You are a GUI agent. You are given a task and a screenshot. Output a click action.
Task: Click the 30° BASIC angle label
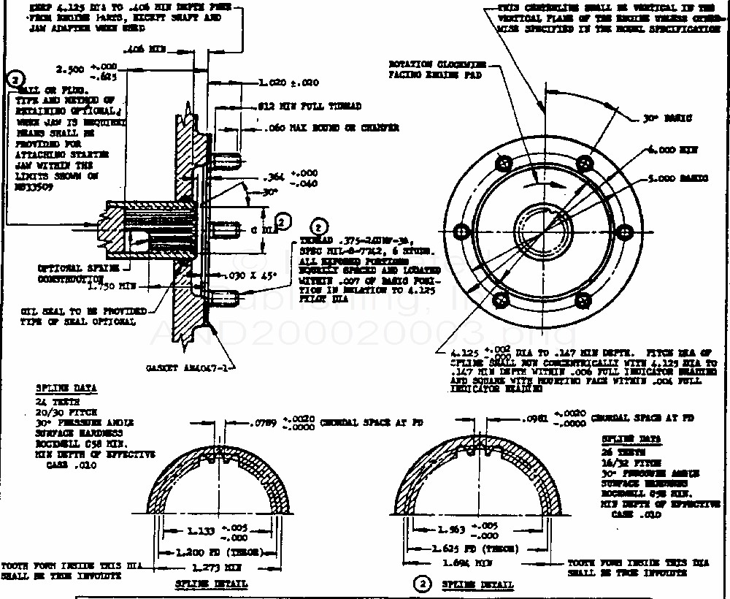pyautogui.click(x=669, y=118)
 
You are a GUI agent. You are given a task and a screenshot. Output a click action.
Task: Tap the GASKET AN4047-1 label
pyautogui.click(x=189, y=369)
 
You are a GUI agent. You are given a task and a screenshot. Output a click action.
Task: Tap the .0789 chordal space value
pyautogui.click(x=263, y=422)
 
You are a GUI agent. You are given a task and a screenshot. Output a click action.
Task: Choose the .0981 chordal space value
pyautogui.click(x=535, y=419)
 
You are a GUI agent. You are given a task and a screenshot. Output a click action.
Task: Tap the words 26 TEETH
pyautogui.click(x=617, y=451)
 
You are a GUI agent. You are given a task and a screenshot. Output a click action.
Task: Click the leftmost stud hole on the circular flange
pyautogui.click(x=461, y=231)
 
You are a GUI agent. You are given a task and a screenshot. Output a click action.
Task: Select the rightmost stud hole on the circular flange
pyautogui.click(x=623, y=231)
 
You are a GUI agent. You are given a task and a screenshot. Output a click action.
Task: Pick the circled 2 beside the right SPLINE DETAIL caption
pyautogui.click(x=421, y=584)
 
